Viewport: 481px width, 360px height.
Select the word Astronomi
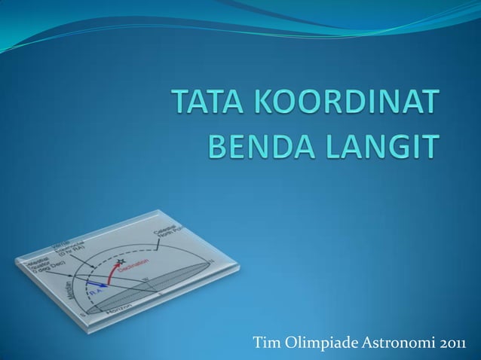point(393,344)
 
